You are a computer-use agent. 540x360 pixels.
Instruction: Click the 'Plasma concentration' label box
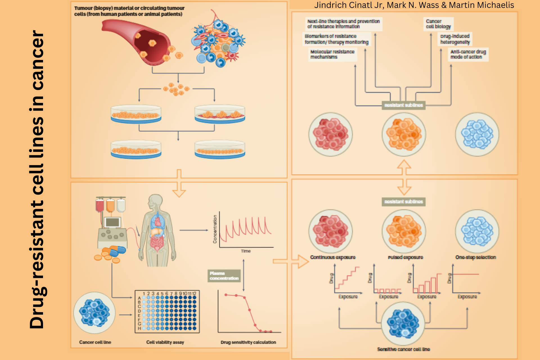(224, 276)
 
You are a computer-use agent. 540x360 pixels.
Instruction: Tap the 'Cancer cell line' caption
(95, 342)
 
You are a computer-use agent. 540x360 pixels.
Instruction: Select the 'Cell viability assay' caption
(165, 342)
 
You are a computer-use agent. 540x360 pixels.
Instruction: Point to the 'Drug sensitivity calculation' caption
(248, 342)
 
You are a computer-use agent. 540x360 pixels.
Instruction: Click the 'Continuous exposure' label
(333, 257)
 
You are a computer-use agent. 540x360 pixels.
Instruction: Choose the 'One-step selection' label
(476, 257)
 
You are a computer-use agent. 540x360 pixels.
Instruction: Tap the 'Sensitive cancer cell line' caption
(404, 349)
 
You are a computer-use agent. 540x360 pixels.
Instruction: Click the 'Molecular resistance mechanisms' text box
(332, 54)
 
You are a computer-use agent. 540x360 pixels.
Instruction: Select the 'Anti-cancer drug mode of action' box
(468, 54)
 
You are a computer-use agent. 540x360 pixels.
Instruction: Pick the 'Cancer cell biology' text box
(438, 24)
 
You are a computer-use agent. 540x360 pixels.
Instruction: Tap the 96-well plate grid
(167, 312)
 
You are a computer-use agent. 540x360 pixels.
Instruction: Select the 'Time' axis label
(246, 251)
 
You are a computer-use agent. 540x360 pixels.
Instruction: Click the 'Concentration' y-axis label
(215, 229)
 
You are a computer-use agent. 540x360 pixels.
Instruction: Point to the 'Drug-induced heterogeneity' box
(455, 39)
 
